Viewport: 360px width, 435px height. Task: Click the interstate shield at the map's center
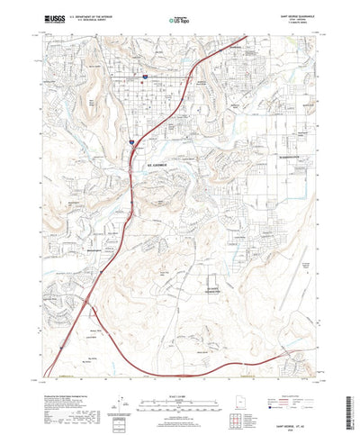click(x=131, y=141)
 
